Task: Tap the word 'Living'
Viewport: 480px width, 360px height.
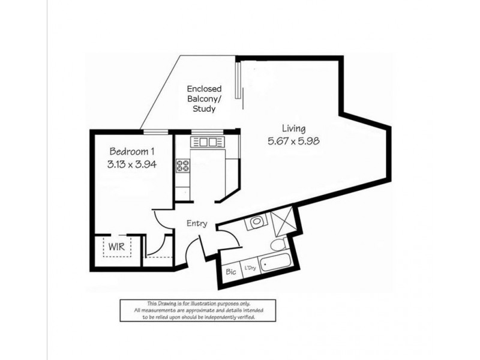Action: pos(294,128)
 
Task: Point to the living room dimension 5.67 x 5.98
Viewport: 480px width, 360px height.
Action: pos(294,142)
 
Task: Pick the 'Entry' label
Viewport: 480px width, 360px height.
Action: pos(197,223)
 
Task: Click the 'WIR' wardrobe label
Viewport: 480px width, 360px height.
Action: pos(116,247)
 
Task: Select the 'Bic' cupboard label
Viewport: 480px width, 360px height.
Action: pos(230,271)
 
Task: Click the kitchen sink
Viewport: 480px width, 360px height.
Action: pos(208,142)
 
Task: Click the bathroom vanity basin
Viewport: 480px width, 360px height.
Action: pos(256,221)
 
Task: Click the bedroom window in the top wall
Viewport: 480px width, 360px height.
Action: pos(155,130)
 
